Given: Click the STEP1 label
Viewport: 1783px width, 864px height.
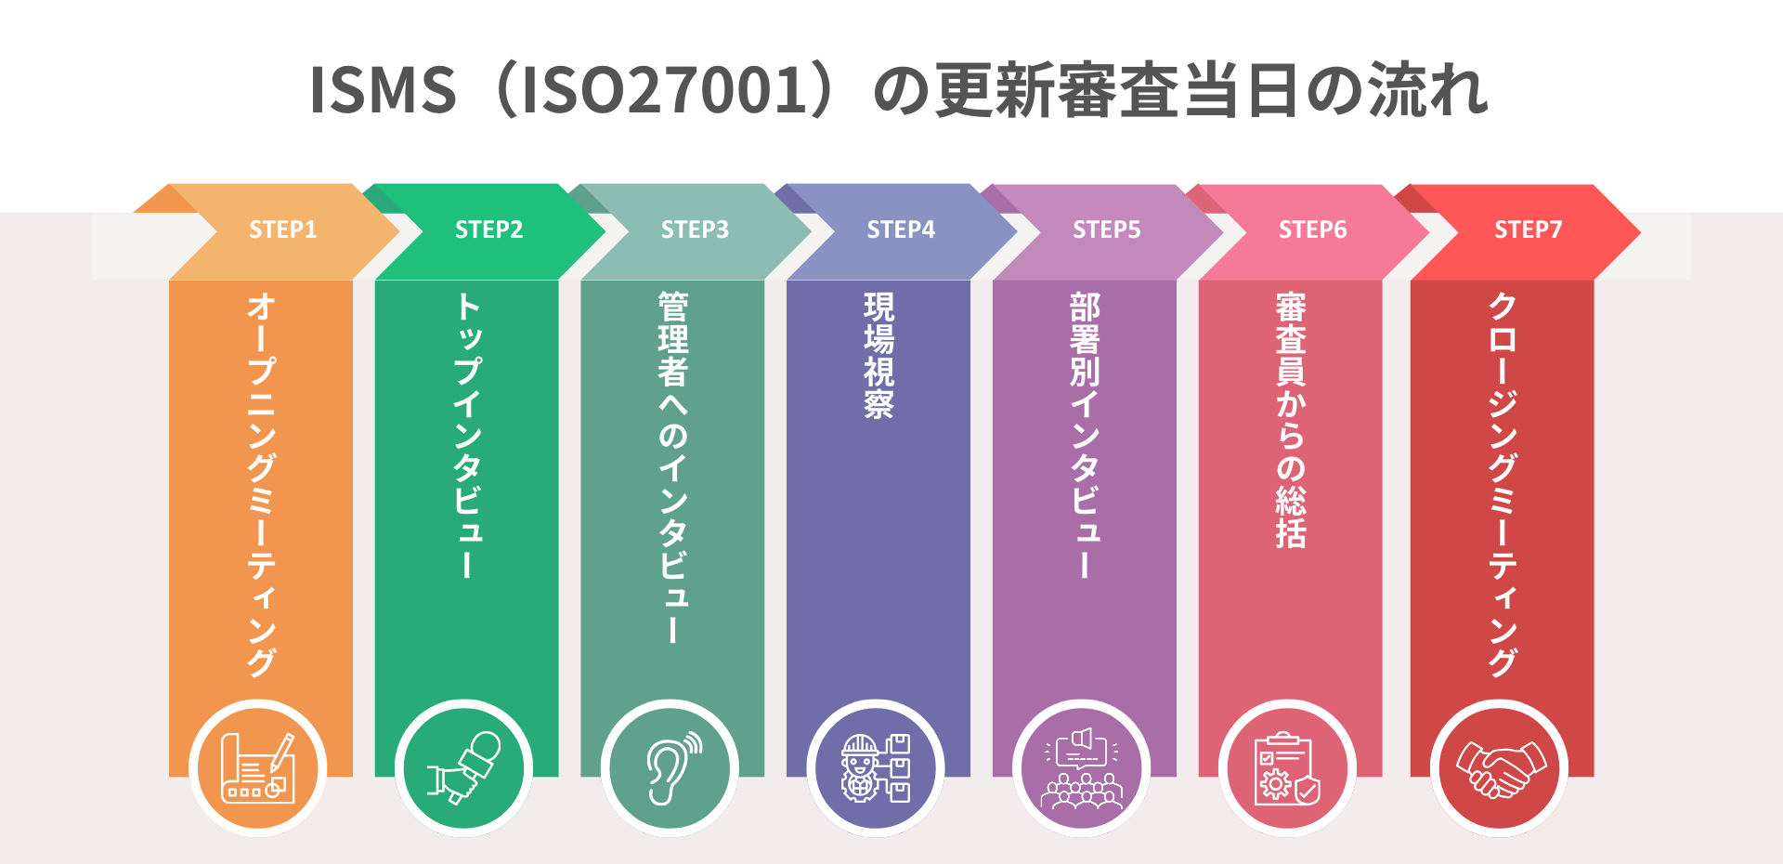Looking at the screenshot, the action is pyautogui.click(x=282, y=229).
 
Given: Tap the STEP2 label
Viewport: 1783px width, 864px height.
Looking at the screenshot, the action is pyautogui.click(x=488, y=229).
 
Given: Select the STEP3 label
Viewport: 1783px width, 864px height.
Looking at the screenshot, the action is pyautogui.click(x=695, y=229).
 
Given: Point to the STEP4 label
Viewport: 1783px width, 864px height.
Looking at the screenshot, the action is pyautogui.click(x=901, y=229).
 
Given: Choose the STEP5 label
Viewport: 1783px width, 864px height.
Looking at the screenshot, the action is pyautogui.click(x=1107, y=229).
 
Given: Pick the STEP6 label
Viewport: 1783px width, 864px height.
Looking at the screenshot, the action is pyautogui.click(x=1313, y=229).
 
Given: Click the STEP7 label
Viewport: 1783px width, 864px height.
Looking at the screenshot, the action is pyautogui.click(x=1528, y=229).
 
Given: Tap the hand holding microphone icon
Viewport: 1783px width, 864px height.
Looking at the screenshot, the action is pyautogui.click(x=464, y=768).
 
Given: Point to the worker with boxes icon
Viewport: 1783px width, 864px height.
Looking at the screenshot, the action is pyautogui.click(x=876, y=768).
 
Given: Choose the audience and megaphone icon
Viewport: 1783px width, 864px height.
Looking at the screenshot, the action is pyautogui.click(x=1082, y=768).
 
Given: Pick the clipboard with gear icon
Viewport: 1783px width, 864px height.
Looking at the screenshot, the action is pyautogui.click(x=1287, y=768).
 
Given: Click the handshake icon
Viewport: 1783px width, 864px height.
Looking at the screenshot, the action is pyautogui.click(x=1500, y=768).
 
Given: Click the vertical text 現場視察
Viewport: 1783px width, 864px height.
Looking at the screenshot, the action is pyautogui.click(x=878, y=356).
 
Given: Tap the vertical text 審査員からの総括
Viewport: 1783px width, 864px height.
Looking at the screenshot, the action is pyautogui.click(x=1291, y=420).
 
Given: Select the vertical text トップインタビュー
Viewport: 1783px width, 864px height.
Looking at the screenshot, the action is pyautogui.click(x=468, y=436).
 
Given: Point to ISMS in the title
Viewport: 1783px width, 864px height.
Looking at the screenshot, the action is pyautogui.click(x=383, y=90).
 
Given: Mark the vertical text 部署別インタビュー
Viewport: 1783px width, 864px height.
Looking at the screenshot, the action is pyautogui.click(x=1085, y=436).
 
